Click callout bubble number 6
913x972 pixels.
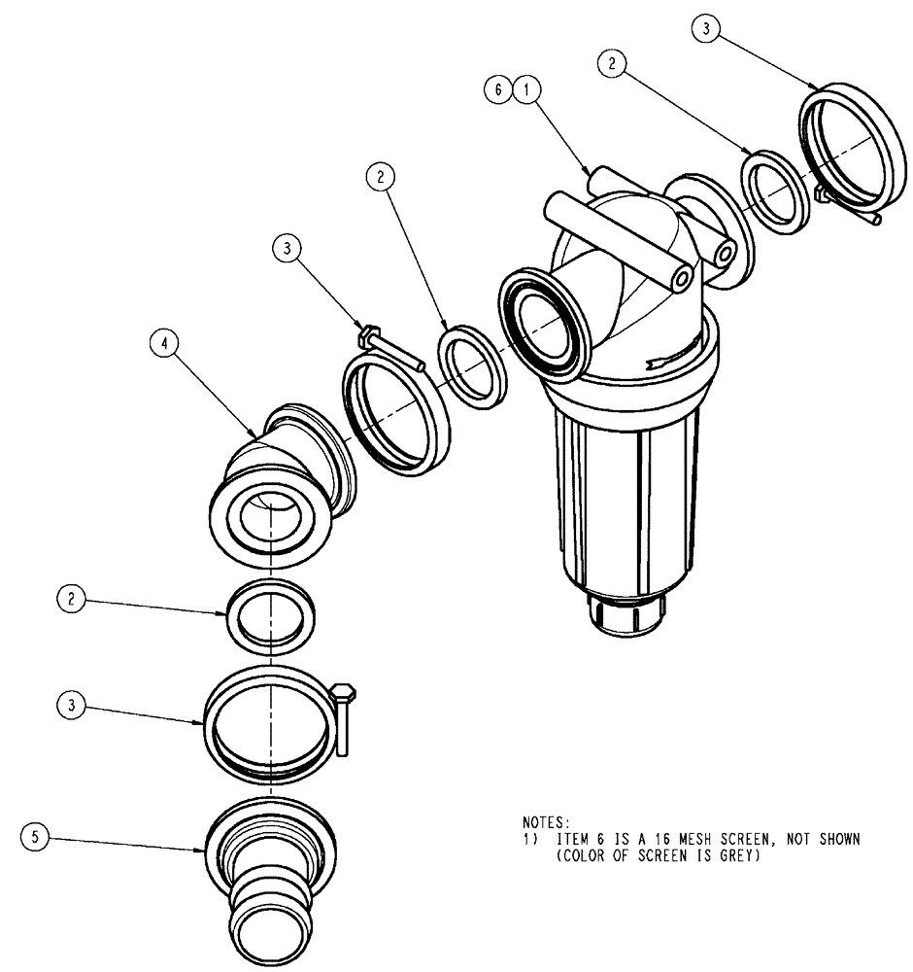click(498, 89)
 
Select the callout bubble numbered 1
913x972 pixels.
click(526, 89)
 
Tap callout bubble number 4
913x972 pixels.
click(164, 343)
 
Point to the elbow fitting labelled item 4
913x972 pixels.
click(282, 457)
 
